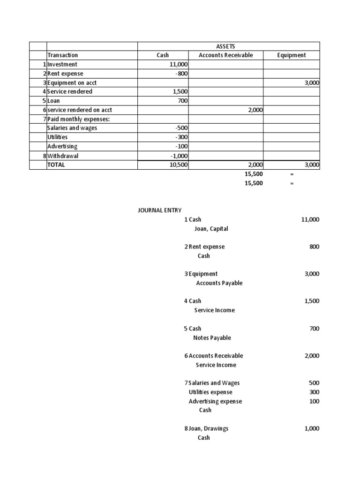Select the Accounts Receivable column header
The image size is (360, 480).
[x=225, y=55]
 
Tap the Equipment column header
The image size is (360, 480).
[x=291, y=55]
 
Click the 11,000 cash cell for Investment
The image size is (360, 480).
[x=179, y=64]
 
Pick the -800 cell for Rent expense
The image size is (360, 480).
[x=181, y=74]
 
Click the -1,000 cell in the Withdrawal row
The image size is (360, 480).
[x=179, y=156]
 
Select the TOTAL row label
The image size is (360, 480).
[x=56, y=165]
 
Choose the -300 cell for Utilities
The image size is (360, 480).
[x=181, y=137]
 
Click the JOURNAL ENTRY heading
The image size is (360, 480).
[x=159, y=210]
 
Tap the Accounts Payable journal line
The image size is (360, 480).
[x=219, y=283]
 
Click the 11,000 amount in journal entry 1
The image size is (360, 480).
[x=310, y=219]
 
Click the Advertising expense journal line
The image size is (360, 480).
[x=215, y=401]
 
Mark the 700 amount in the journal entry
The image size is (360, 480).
[x=314, y=329]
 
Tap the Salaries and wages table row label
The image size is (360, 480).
[x=72, y=128]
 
